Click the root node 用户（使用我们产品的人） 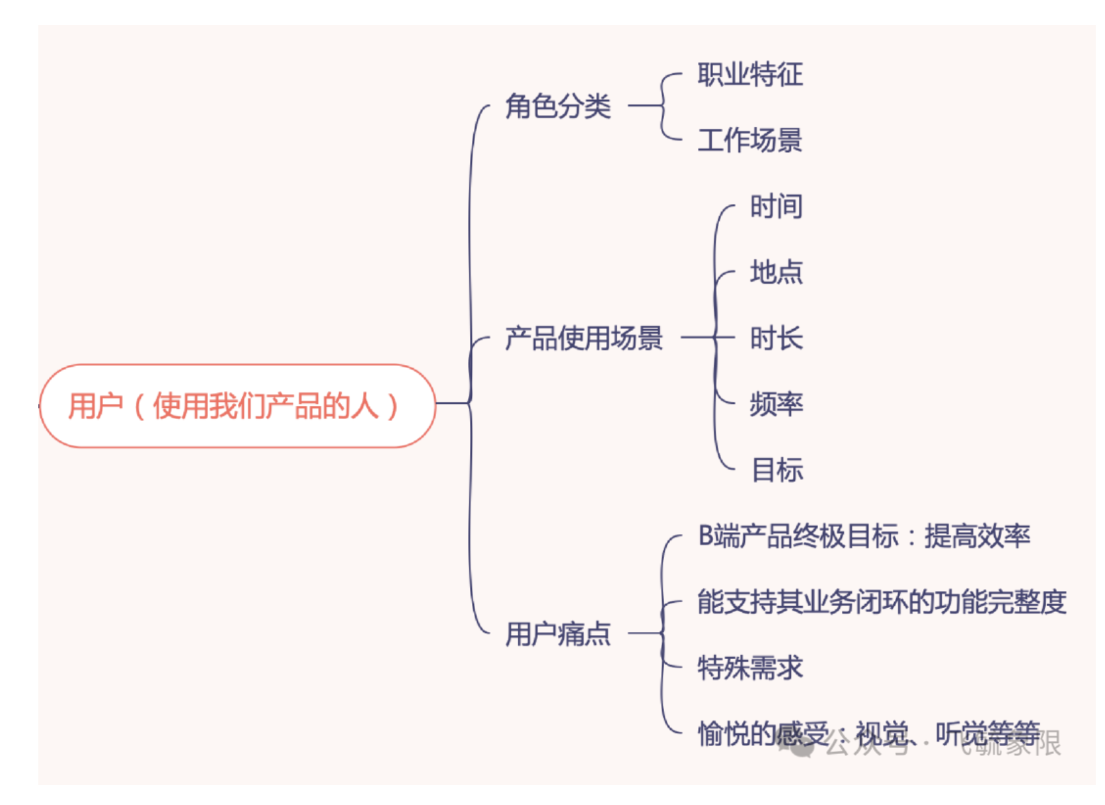(237, 406)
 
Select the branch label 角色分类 (558, 106)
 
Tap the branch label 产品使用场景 (584, 338)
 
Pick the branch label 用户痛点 (558, 634)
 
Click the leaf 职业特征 (750, 74)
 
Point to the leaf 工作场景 (750, 140)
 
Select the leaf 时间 (776, 206)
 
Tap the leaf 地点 (776, 272)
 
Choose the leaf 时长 (776, 338)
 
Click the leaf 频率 (776, 404)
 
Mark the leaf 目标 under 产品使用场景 (777, 470)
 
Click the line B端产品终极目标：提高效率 (864, 536)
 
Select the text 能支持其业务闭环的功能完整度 (882, 601)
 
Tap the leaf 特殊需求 (750, 668)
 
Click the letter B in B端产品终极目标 (706, 536)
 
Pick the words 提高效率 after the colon (977, 536)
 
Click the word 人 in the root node (365, 406)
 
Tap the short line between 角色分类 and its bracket (644, 105)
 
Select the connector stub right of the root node (452, 402)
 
